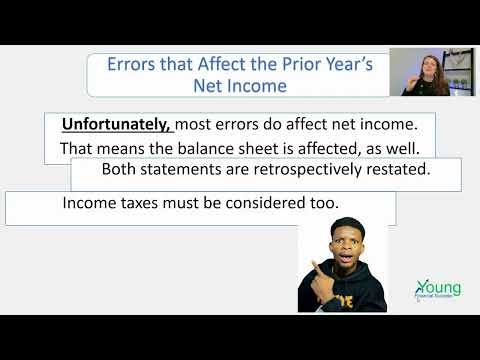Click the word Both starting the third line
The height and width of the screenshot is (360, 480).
click(120, 170)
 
